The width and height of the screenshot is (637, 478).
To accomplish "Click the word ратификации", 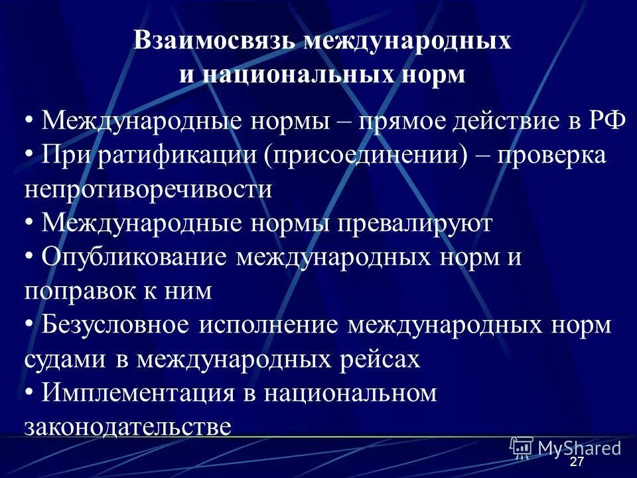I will pyautogui.click(x=177, y=155).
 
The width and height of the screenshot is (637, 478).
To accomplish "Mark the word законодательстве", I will pyautogui.click(x=128, y=426).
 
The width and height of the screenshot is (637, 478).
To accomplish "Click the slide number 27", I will pyautogui.click(x=577, y=462).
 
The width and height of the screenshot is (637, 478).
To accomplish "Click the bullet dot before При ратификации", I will pyautogui.click(x=29, y=155).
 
